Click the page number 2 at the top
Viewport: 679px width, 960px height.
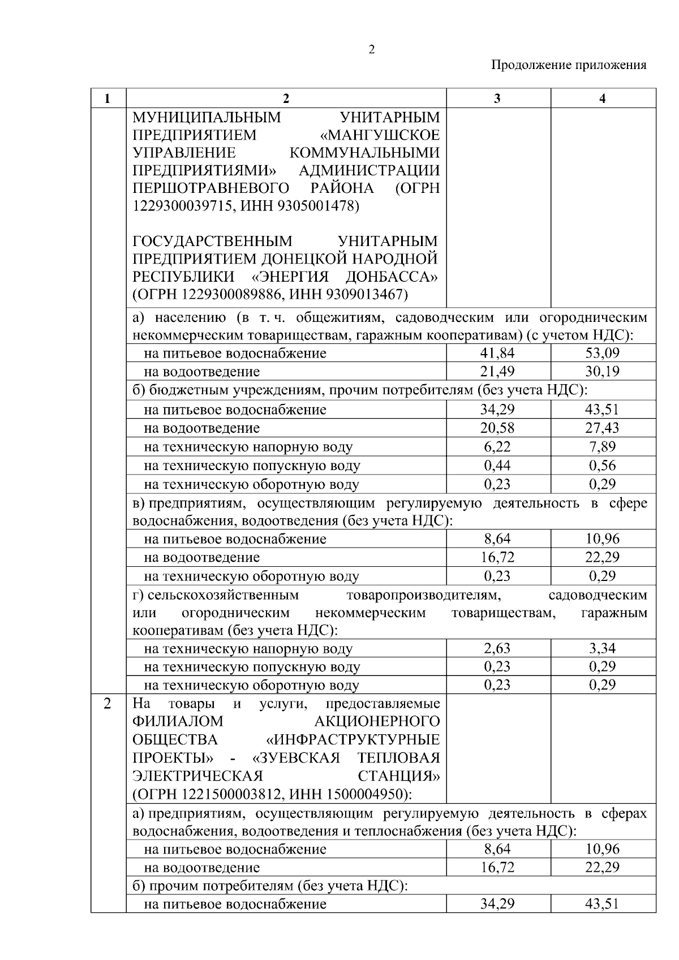coord(371,50)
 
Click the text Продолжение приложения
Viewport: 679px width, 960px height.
coord(569,65)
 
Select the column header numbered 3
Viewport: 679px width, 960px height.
coord(497,98)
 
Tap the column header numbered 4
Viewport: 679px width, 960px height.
coord(603,98)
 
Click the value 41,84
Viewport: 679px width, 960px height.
coord(497,354)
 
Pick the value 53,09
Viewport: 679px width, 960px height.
coord(603,354)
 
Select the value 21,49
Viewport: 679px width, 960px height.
coord(497,372)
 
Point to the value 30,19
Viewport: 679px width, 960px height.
coord(603,372)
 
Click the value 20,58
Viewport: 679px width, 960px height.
coord(497,428)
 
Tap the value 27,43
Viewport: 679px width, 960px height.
coord(603,428)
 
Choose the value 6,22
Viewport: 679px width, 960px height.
coord(497,447)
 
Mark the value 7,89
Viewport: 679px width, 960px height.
coord(603,447)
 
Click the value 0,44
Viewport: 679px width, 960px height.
coord(497,466)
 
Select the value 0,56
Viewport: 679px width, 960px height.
coord(603,466)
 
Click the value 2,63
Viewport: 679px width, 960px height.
coord(497,648)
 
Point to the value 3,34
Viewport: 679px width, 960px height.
coord(603,648)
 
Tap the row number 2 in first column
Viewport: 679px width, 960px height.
coord(108,704)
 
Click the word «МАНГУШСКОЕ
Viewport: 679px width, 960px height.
coord(380,135)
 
